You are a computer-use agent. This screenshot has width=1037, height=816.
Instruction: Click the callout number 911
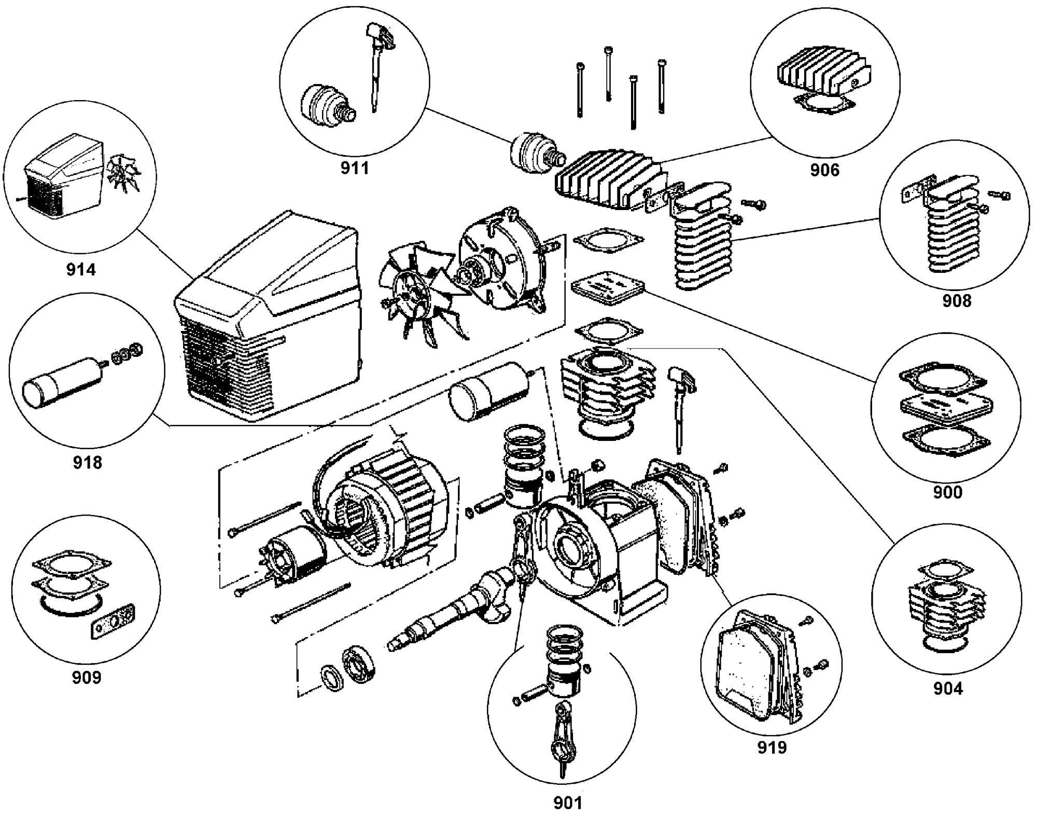tap(355, 168)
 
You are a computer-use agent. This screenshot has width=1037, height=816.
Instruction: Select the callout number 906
tap(824, 170)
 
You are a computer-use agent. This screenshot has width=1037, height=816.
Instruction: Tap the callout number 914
tap(81, 269)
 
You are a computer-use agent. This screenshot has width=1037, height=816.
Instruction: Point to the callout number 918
tap(87, 462)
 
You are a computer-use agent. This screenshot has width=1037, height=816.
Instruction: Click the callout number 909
tap(87, 677)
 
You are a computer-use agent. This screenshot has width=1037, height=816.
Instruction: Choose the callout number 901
tap(568, 803)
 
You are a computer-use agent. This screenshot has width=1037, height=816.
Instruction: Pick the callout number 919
tap(772, 747)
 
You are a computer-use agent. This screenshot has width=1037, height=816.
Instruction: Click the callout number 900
tap(948, 492)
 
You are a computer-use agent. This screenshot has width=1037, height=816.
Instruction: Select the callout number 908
tap(957, 300)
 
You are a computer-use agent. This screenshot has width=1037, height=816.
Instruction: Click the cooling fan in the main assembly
tap(417, 293)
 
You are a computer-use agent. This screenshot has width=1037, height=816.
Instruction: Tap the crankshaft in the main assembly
tap(451, 607)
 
